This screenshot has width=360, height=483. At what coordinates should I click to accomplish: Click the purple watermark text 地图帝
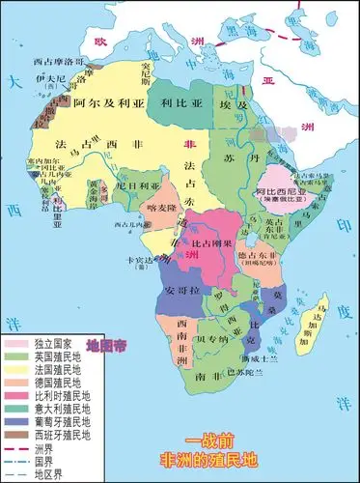106,345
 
